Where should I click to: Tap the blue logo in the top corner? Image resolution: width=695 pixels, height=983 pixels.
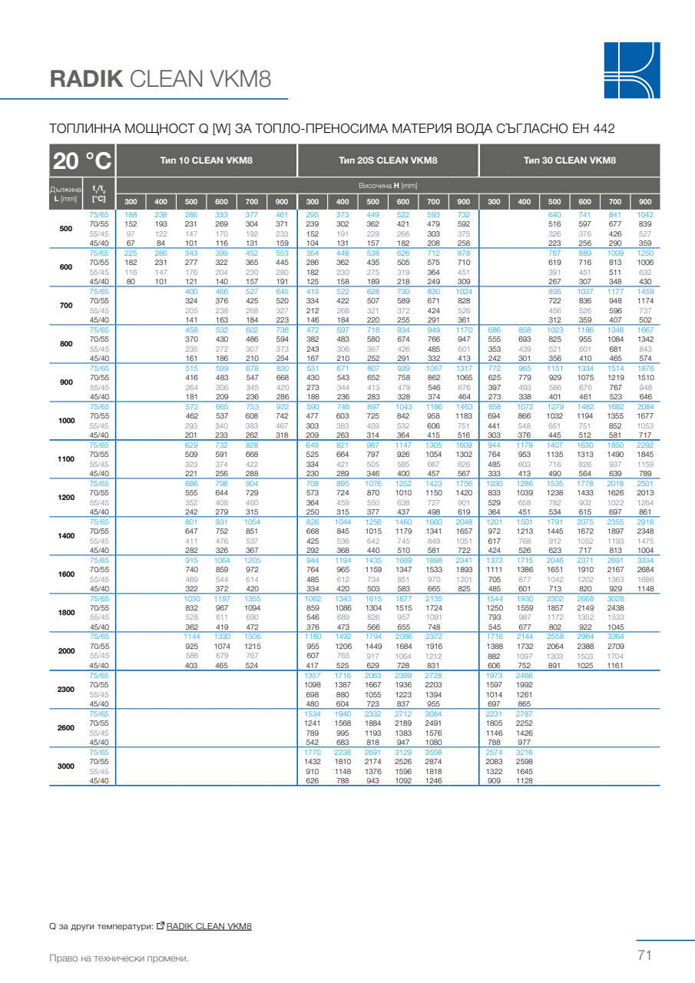(631, 70)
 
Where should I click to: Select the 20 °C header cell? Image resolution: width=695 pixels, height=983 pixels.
(81, 161)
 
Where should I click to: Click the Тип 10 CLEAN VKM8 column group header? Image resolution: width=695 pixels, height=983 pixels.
(206, 161)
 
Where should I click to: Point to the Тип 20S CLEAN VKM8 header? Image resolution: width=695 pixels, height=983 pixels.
(388, 161)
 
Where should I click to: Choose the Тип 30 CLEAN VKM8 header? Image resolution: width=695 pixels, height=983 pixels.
(569, 161)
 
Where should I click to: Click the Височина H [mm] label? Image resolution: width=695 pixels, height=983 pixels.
(388, 186)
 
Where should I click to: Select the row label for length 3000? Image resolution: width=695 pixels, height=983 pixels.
(66, 766)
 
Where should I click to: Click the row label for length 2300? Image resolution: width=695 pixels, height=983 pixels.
(66, 690)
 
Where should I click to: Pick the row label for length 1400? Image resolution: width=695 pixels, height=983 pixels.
(66, 536)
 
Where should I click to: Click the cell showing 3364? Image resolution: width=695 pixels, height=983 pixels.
(614, 637)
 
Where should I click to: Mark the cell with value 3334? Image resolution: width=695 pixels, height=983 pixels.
(645, 561)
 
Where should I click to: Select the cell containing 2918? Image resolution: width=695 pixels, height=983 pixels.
(645, 522)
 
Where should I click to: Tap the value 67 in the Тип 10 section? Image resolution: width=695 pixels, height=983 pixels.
(131, 243)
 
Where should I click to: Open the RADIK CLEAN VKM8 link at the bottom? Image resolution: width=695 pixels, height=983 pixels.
(209, 926)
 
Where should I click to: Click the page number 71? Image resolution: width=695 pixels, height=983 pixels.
(644, 955)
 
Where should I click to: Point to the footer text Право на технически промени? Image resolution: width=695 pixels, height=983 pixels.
(118, 958)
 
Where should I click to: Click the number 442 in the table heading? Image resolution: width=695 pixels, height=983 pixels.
(604, 128)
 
